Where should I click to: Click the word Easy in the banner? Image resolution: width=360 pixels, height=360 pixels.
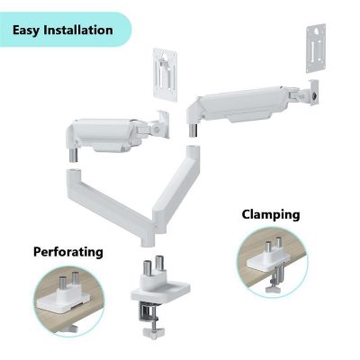click(26, 31)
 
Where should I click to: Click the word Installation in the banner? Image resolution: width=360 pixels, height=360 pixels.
click(78, 30)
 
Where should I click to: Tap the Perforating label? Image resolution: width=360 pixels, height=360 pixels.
click(68, 252)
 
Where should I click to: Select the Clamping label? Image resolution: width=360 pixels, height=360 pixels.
click(271, 215)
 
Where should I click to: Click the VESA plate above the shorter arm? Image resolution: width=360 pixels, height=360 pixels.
click(165, 75)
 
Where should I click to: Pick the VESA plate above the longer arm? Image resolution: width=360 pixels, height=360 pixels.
click(316, 49)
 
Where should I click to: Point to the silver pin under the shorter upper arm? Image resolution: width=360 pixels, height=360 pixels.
click(74, 155)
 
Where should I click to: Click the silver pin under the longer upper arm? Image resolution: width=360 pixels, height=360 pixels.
click(193, 130)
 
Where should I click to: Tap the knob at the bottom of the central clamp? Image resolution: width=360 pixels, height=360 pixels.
click(152, 333)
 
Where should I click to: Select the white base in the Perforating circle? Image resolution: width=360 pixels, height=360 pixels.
click(63, 301)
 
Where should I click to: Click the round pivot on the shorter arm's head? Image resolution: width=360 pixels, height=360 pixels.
click(155, 130)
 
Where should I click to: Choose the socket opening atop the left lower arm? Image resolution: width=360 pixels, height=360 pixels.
click(74, 171)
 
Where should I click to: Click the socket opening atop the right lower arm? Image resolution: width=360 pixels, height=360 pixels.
click(192, 148)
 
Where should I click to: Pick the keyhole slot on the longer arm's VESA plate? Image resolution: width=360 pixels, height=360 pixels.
click(317, 31)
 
